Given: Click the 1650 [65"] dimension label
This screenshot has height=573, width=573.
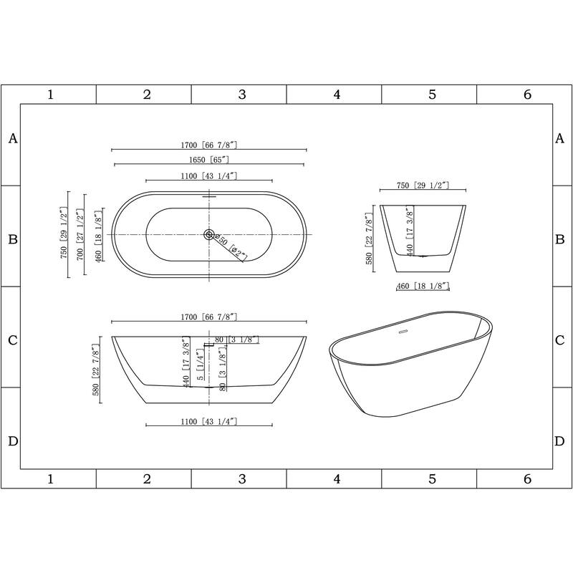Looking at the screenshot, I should point(208,160).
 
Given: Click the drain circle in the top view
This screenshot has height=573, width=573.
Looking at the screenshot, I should point(209,234).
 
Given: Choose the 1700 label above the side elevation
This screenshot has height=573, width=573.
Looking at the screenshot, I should point(208,316).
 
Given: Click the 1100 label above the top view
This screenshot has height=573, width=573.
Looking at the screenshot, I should point(208,175).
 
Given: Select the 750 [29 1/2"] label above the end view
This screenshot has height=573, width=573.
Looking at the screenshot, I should point(423,186).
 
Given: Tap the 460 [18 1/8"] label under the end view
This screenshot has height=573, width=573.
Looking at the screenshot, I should point(423,286).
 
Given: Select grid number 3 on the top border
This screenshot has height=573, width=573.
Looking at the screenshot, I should point(242,94).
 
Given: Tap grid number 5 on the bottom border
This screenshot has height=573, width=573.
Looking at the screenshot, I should point(432,478).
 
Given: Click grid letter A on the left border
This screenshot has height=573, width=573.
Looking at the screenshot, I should point(12,139).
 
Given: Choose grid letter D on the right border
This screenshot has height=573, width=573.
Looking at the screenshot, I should point(560,440).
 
